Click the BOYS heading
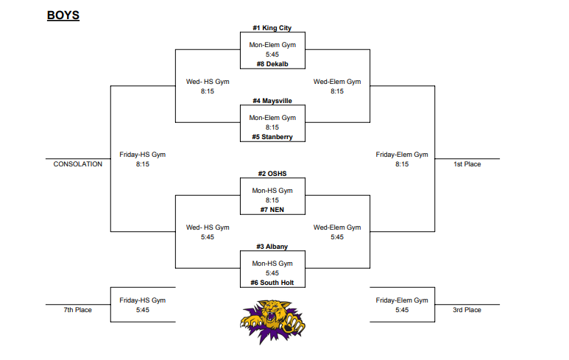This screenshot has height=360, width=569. click(x=63, y=15)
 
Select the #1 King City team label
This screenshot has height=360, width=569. click(x=272, y=28)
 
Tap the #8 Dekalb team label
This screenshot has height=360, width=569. click(x=272, y=64)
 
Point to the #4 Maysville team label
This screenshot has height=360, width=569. click(x=272, y=101)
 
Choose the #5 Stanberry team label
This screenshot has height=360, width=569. click(x=272, y=137)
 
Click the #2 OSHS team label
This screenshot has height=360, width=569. click(x=272, y=174)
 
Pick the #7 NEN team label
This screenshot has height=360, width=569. click(x=272, y=210)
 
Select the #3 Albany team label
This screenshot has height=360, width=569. click(x=272, y=247)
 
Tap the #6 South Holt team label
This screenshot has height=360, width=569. click(x=272, y=283)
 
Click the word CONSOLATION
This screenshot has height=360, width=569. click(x=78, y=164)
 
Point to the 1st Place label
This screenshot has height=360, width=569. click(x=467, y=164)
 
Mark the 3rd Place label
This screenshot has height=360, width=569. click(x=467, y=310)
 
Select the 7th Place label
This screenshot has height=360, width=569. click(x=77, y=310)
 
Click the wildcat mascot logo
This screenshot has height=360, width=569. click(x=272, y=321)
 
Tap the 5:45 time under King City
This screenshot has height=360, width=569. click(x=272, y=54)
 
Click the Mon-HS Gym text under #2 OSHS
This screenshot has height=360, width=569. click(x=272, y=191)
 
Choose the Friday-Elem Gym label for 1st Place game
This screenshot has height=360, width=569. click(x=402, y=155)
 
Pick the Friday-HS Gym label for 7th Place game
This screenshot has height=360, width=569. click(x=143, y=300)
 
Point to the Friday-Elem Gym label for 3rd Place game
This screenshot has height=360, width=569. click(x=402, y=300)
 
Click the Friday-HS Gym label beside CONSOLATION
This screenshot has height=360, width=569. click(x=143, y=155)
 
